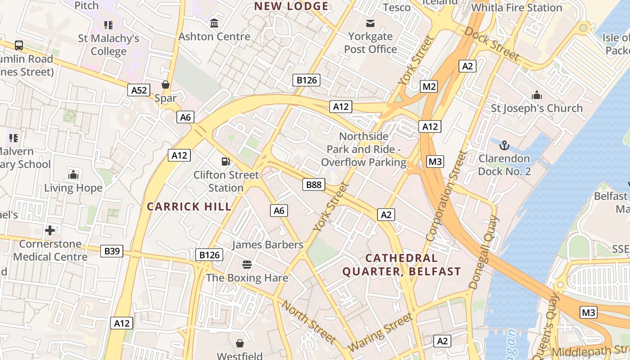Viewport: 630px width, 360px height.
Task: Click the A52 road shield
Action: pyautogui.click(x=139, y=90)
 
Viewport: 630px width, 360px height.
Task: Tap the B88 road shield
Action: pyautogui.click(x=314, y=184)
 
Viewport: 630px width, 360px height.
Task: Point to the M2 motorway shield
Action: pyautogui.click(x=429, y=86)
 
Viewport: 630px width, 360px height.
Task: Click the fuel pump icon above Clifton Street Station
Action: pyautogui.click(x=225, y=161)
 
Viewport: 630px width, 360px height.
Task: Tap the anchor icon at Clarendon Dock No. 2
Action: pyautogui.click(x=504, y=145)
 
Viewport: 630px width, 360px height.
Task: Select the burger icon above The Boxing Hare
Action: pyautogui.click(x=247, y=264)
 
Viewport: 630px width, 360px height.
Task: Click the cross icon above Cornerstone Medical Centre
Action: pyautogui.click(x=50, y=231)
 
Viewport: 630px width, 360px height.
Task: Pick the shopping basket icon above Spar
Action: pyautogui.click(x=166, y=85)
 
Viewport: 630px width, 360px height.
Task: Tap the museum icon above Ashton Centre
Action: pyautogui.click(x=214, y=23)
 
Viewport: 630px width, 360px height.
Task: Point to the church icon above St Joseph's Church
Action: pyautogui.click(x=536, y=95)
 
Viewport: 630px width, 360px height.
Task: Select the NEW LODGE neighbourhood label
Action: pyautogui.click(x=291, y=6)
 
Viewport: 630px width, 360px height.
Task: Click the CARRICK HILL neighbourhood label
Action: pyautogui.click(x=189, y=207)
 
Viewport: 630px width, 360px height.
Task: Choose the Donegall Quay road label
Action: pyautogui.click(x=484, y=252)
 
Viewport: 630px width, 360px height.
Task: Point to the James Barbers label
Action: pyautogui.click(x=267, y=245)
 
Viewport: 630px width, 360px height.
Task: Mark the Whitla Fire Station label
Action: pyautogui.click(x=517, y=8)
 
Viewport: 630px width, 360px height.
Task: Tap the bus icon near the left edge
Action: pyautogui.click(x=19, y=45)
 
